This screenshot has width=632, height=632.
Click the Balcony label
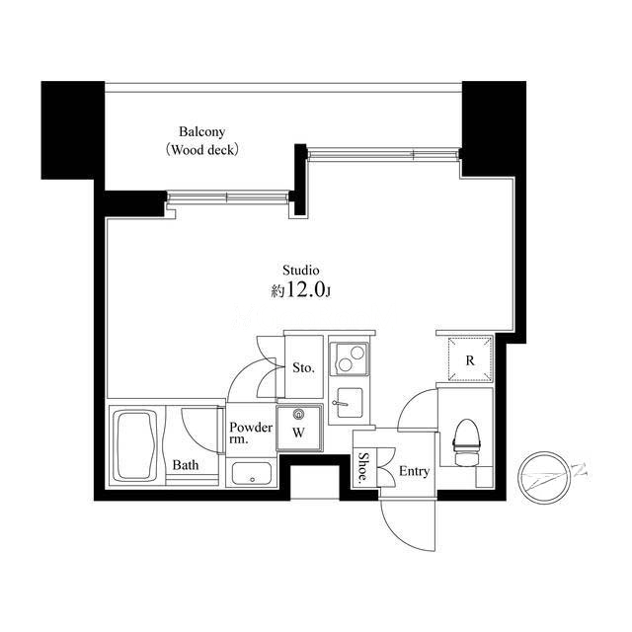coord(201,131)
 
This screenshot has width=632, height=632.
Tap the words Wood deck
coord(202,150)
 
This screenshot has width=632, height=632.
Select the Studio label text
coord(300,270)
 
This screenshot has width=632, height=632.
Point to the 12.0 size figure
coord(305,289)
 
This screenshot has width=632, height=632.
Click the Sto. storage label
coord(303,367)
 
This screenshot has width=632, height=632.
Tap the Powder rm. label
coord(251,433)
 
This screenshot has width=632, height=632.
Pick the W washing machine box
coord(299,428)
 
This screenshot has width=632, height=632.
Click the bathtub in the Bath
coord(135,445)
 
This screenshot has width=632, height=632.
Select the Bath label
coord(186,465)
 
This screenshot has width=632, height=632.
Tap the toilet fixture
coord(467,441)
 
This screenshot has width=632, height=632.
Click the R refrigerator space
coord(470,359)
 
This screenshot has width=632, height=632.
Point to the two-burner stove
coord(350,358)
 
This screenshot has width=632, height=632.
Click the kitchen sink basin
coord(349,403)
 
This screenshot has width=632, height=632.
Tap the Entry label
coord(414,471)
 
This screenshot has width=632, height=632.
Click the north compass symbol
coord(545,478)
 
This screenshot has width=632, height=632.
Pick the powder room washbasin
coord(252,474)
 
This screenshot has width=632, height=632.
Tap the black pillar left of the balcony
coord(72,130)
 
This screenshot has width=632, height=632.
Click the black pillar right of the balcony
coord(494,129)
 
